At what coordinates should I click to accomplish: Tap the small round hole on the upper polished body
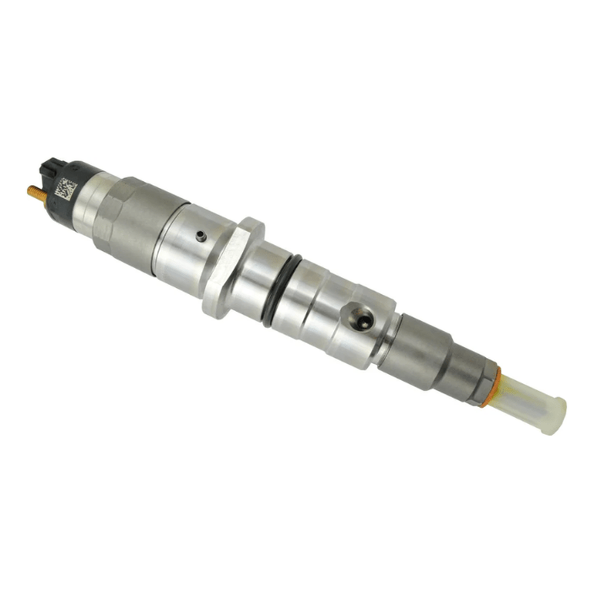[200, 236]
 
